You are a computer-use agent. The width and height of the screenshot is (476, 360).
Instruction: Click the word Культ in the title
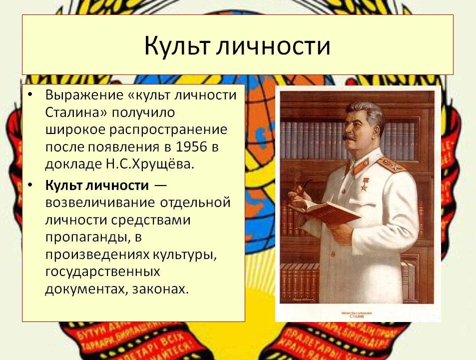click(177, 46)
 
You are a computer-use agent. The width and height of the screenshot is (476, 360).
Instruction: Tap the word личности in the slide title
click(274, 46)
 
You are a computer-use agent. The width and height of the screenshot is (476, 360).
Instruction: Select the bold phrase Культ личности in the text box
click(97, 185)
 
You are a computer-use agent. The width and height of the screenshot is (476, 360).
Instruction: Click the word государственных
click(102, 272)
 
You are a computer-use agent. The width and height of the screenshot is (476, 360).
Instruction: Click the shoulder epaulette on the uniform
click(391, 163)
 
